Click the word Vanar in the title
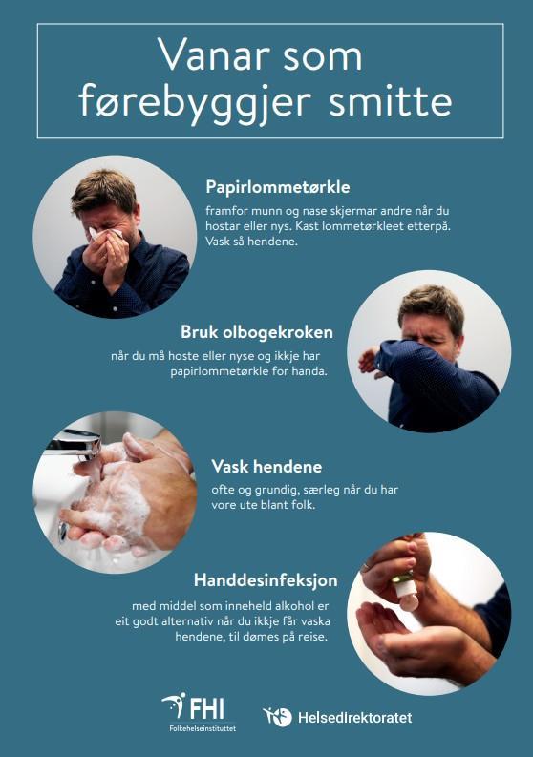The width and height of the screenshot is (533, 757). tap(214, 56)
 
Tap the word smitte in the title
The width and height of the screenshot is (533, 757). tap(391, 101)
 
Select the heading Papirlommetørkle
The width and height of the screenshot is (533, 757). tap(278, 187)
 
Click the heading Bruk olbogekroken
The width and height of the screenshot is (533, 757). tap(257, 332)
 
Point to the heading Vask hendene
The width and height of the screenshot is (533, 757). tap(266, 467)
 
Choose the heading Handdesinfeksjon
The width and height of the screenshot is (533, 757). tap(266, 579)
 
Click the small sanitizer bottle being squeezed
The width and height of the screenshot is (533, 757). tap(406, 589)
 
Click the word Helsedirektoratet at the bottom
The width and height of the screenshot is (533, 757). tap(355, 718)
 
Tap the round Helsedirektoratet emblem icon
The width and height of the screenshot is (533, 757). tap(278, 717)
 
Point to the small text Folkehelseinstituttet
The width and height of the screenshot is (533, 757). tap(203, 728)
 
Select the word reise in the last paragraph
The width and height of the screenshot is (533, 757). tap(312, 637)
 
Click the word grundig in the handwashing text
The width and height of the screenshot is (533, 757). tap(272, 491)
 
